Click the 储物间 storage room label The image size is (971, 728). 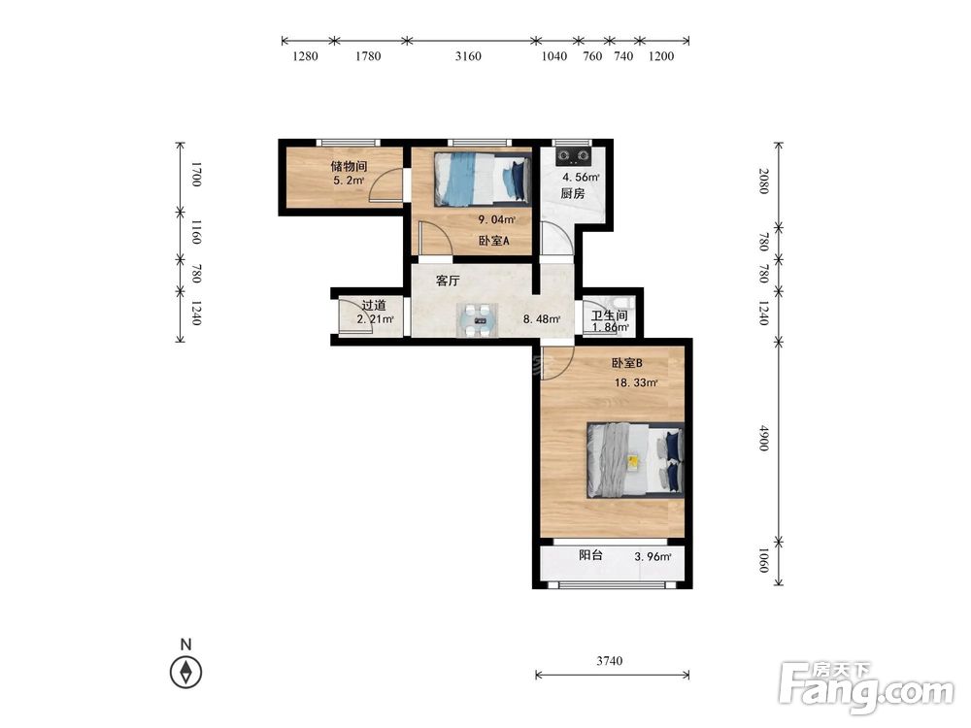click(x=349, y=166)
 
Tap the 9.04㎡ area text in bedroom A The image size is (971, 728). click(x=496, y=219)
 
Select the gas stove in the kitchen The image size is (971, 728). click(x=574, y=155)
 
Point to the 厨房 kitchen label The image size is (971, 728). click(x=573, y=193)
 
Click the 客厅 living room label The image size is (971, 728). click(x=448, y=281)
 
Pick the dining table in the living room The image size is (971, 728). click(x=478, y=320)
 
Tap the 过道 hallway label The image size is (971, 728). click(x=374, y=305)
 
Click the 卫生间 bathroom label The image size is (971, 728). click(x=610, y=315)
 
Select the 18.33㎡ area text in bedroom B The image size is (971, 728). click(x=636, y=382)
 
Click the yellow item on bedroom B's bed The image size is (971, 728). click(x=633, y=461)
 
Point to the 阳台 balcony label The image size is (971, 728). click(x=590, y=555)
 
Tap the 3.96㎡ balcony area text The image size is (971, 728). click(x=653, y=556)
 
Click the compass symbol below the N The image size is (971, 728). click(x=185, y=673)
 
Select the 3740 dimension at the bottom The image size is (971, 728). click(x=610, y=660)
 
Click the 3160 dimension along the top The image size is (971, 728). click(x=468, y=55)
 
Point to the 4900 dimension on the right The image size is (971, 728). click(x=764, y=438)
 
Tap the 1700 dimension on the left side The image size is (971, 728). click(x=196, y=174)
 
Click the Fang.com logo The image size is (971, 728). click(x=867, y=687)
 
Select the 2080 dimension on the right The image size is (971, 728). click(x=764, y=181)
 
